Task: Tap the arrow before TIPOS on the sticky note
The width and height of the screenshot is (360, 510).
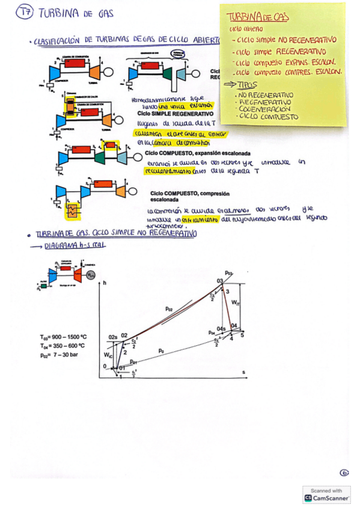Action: [230, 86]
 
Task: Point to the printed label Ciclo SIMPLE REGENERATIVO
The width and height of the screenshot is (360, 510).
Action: [175, 113]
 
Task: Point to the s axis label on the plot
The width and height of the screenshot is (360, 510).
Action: [244, 373]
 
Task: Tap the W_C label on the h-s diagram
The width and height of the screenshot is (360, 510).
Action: [106, 355]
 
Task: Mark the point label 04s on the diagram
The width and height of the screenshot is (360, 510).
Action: [221, 329]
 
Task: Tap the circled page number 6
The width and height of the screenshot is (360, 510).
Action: [344, 473]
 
